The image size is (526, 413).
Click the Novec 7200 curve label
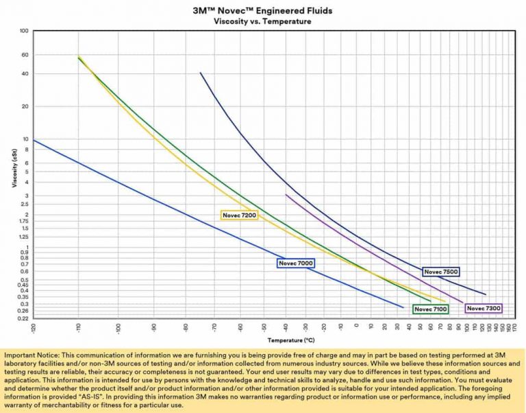tap(239, 215)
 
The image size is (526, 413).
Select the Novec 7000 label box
tap(296, 263)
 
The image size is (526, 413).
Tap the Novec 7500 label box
tap(441, 272)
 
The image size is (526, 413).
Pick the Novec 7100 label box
tap(431, 309)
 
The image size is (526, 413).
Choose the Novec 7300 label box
tap(484, 309)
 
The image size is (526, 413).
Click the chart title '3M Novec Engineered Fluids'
tap(262, 10)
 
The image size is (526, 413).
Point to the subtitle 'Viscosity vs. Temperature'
tap(262, 21)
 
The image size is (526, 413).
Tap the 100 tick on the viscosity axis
tap(24, 31)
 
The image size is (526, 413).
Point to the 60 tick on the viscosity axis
tap(25, 55)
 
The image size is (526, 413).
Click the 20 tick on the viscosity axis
tap(25, 106)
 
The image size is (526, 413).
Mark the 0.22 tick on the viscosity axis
tap(23, 318)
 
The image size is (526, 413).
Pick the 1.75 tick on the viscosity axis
tap(23, 221)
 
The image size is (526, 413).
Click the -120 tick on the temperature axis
tap(33, 327)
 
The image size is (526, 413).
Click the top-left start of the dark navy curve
tap(200, 73)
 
